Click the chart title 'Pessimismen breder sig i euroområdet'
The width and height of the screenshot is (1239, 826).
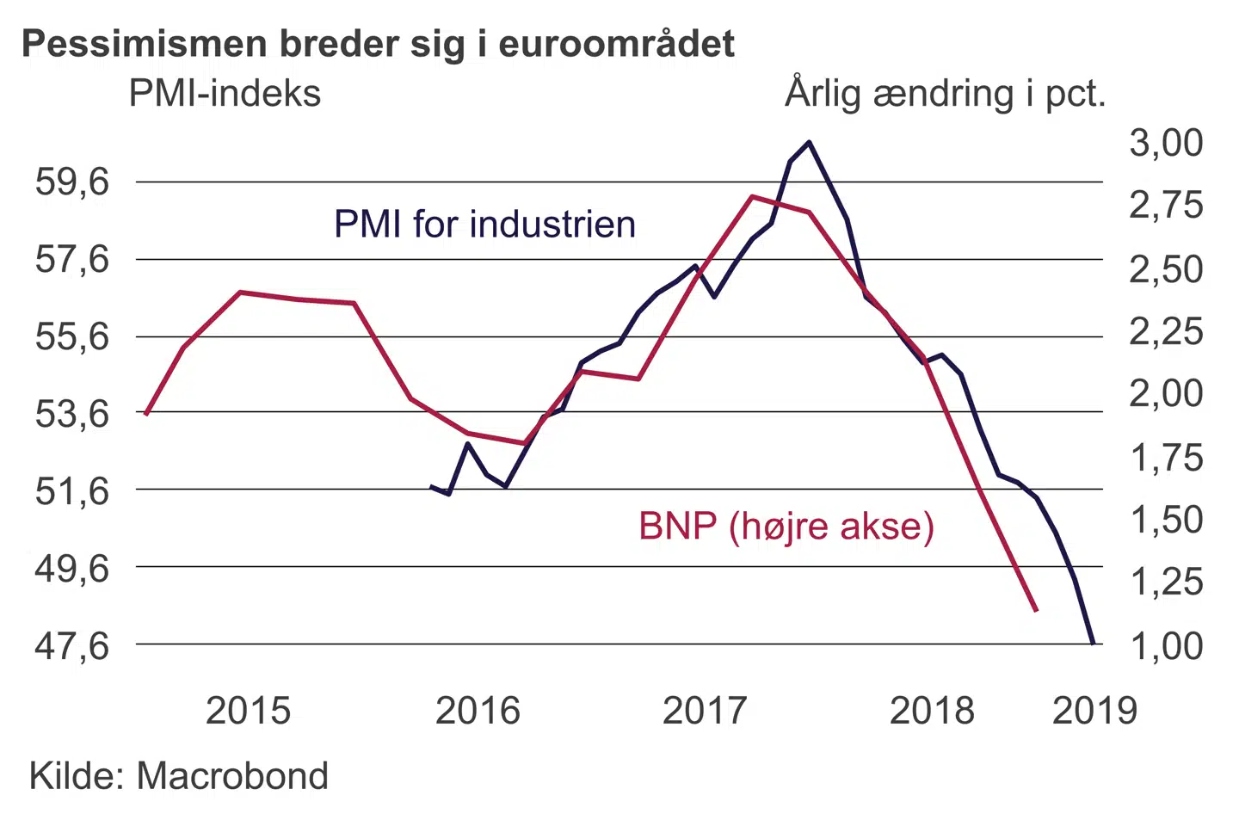pyautogui.click(x=379, y=44)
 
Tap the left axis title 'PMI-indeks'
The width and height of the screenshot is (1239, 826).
pyautogui.click(x=225, y=93)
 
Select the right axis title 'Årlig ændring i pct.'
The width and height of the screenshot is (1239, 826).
pyautogui.click(x=945, y=93)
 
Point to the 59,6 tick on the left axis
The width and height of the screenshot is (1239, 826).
pyautogui.click(x=72, y=182)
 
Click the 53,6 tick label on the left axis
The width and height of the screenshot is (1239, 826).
pyautogui.click(x=72, y=414)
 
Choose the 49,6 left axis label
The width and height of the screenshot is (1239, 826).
pyautogui.click(x=72, y=568)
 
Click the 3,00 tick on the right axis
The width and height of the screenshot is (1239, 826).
pyautogui.click(x=1166, y=143)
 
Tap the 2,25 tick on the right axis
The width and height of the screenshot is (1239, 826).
pyautogui.click(x=1166, y=331)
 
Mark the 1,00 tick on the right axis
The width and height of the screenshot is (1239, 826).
pyautogui.click(x=1166, y=646)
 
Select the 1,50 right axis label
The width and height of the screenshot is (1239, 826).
pyautogui.click(x=1166, y=520)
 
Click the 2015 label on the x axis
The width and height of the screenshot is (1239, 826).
pyautogui.click(x=248, y=711)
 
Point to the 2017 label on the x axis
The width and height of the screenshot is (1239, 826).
pyautogui.click(x=705, y=711)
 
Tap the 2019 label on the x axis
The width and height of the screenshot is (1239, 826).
pyautogui.click(x=1094, y=711)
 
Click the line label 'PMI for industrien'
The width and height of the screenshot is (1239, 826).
pyautogui.click(x=484, y=225)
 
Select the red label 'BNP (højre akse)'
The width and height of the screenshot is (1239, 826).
pyautogui.click(x=786, y=526)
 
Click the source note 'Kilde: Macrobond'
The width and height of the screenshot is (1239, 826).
pyautogui.click(x=179, y=776)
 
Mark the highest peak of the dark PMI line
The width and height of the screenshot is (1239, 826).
pyautogui.click(x=809, y=142)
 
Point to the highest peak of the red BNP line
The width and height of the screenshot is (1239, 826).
pyautogui.click(x=753, y=196)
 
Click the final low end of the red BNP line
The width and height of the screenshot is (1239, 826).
pyautogui.click(x=1036, y=610)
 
